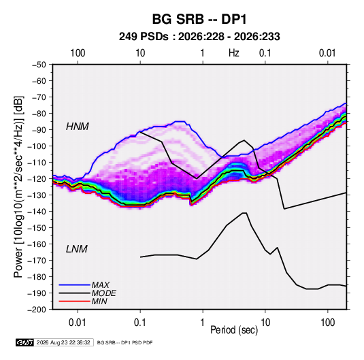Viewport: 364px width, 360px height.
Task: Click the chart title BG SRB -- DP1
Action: tap(199, 19)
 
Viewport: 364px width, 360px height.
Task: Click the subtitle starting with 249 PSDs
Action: tap(199, 37)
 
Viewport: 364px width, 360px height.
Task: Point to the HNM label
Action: tap(78, 127)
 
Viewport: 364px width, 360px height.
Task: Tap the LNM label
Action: tap(77, 249)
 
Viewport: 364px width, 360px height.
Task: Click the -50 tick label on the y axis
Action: tap(39, 65)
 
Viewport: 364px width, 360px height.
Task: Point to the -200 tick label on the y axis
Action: tap(37, 310)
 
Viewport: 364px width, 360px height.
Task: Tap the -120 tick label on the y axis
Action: tap(37, 179)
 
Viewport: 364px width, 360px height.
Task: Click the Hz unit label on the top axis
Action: tap(234, 53)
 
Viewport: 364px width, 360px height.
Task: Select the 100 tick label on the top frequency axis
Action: tap(78, 53)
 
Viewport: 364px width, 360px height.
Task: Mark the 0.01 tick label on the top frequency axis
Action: tap(327, 53)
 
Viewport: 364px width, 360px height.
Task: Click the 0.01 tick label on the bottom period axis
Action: tap(78, 323)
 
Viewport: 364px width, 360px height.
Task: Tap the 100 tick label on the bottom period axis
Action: tap(327, 323)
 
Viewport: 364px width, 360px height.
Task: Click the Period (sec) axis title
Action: tap(234, 330)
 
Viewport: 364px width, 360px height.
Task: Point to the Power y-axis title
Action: tap(18, 187)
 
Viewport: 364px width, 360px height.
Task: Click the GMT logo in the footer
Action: tap(24, 342)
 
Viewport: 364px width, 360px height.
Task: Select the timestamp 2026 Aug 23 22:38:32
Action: tap(63, 342)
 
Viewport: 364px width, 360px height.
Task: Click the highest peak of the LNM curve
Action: tap(244, 213)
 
